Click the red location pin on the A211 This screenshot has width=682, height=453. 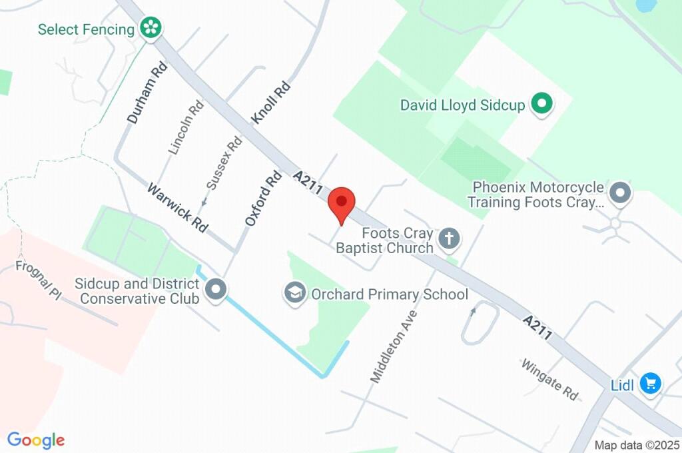tap(342, 203)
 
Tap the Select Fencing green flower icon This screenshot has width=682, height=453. tap(151, 29)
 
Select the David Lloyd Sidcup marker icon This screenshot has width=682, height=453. tap(541, 105)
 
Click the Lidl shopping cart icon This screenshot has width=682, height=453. tap(650, 384)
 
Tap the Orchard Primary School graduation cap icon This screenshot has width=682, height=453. tap(294, 292)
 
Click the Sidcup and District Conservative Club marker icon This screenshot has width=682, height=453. tap(216, 290)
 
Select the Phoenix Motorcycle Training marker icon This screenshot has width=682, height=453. tap(621, 193)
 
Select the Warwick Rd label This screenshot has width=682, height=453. tap(178, 207)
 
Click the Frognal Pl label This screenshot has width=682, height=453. tap(39, 280)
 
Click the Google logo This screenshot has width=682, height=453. tap(36, 440)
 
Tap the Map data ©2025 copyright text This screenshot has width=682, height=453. tap(637, 445)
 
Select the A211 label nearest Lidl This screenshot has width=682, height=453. tap(537, 328)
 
